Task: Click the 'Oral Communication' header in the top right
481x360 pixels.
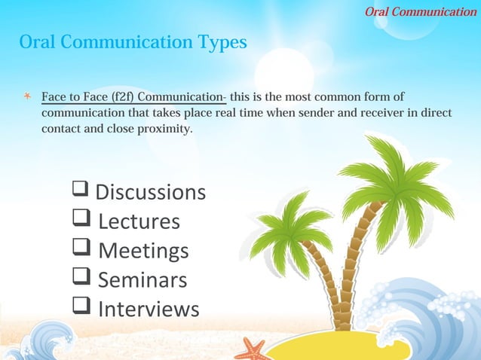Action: pyautogui.click(x=421, y=11)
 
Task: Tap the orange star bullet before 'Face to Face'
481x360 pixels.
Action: pyautogui.click(x=26, y=98)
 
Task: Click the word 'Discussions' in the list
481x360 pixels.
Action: pyautogui.click(x=150, y=192)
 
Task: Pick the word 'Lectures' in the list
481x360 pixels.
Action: pyautogui.click(x=139, y=221)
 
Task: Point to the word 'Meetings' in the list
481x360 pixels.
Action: pyautogui.click(x=143, y=250)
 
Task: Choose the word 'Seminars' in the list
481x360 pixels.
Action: pyautogui.click(x=142, y=279)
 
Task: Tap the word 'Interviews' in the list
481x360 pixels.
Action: pyautogui.click(x=149, y=309)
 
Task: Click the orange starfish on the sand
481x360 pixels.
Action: pyautogui.click(x=252, y=349)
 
